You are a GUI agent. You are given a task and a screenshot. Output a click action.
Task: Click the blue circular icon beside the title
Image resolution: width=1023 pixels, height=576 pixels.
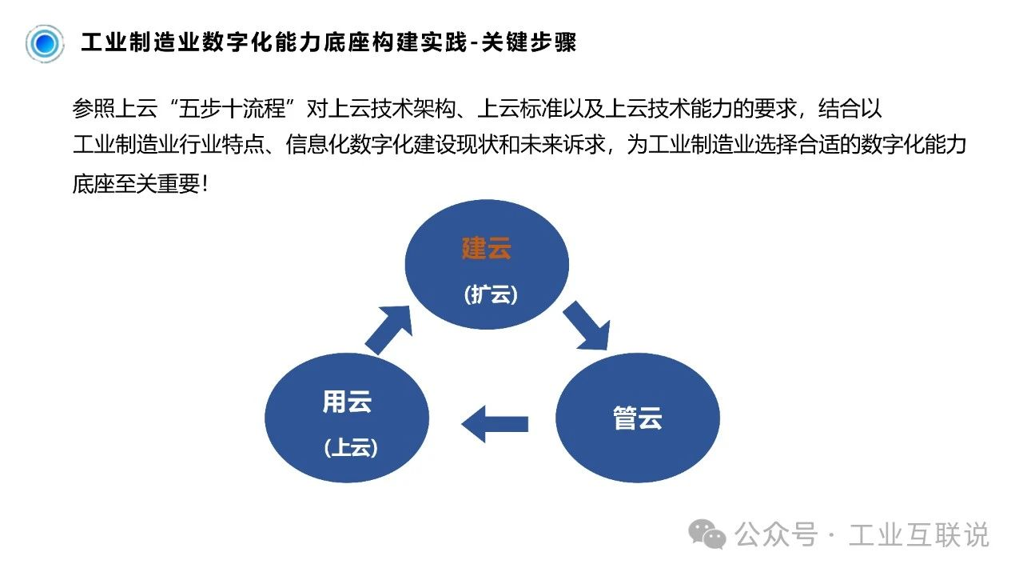coord(45,43)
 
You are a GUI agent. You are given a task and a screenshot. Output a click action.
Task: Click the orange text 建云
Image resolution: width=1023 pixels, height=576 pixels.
coord(487,248)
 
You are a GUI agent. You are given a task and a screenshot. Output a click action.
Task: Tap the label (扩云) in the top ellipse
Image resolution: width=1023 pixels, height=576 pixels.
coord(491,295)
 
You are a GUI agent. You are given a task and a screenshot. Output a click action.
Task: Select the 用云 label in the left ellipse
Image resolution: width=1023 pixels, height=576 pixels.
coord(347,402)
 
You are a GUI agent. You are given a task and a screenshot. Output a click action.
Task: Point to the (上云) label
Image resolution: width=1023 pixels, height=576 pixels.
coord(351,447)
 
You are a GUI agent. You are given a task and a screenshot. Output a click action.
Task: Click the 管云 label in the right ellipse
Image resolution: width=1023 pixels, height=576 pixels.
coord(638,418)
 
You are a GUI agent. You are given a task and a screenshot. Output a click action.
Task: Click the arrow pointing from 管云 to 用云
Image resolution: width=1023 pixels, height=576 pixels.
coord(495,424)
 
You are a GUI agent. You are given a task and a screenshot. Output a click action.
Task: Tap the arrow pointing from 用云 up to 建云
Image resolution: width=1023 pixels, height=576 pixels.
coord(389,329)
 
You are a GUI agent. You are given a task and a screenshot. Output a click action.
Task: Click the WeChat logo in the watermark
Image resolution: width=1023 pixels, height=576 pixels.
coord(707,534)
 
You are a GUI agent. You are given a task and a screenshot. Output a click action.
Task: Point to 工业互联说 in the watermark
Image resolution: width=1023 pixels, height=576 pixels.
coord(918,534)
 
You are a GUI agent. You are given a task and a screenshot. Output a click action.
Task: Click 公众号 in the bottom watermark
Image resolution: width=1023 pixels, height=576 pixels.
coord(776,534)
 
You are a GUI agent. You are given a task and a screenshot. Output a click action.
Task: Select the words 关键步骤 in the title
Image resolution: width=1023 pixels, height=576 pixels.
coord(529,42)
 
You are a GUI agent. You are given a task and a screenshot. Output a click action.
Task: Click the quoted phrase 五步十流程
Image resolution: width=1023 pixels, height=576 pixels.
coord(232,110)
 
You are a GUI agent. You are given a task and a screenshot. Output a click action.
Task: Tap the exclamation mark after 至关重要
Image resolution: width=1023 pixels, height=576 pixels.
coord(205,184)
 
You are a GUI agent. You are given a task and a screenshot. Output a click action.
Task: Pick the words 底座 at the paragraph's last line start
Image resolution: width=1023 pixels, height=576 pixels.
coord(94,184)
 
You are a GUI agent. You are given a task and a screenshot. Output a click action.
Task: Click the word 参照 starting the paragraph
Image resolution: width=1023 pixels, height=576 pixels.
coord(94,110)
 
